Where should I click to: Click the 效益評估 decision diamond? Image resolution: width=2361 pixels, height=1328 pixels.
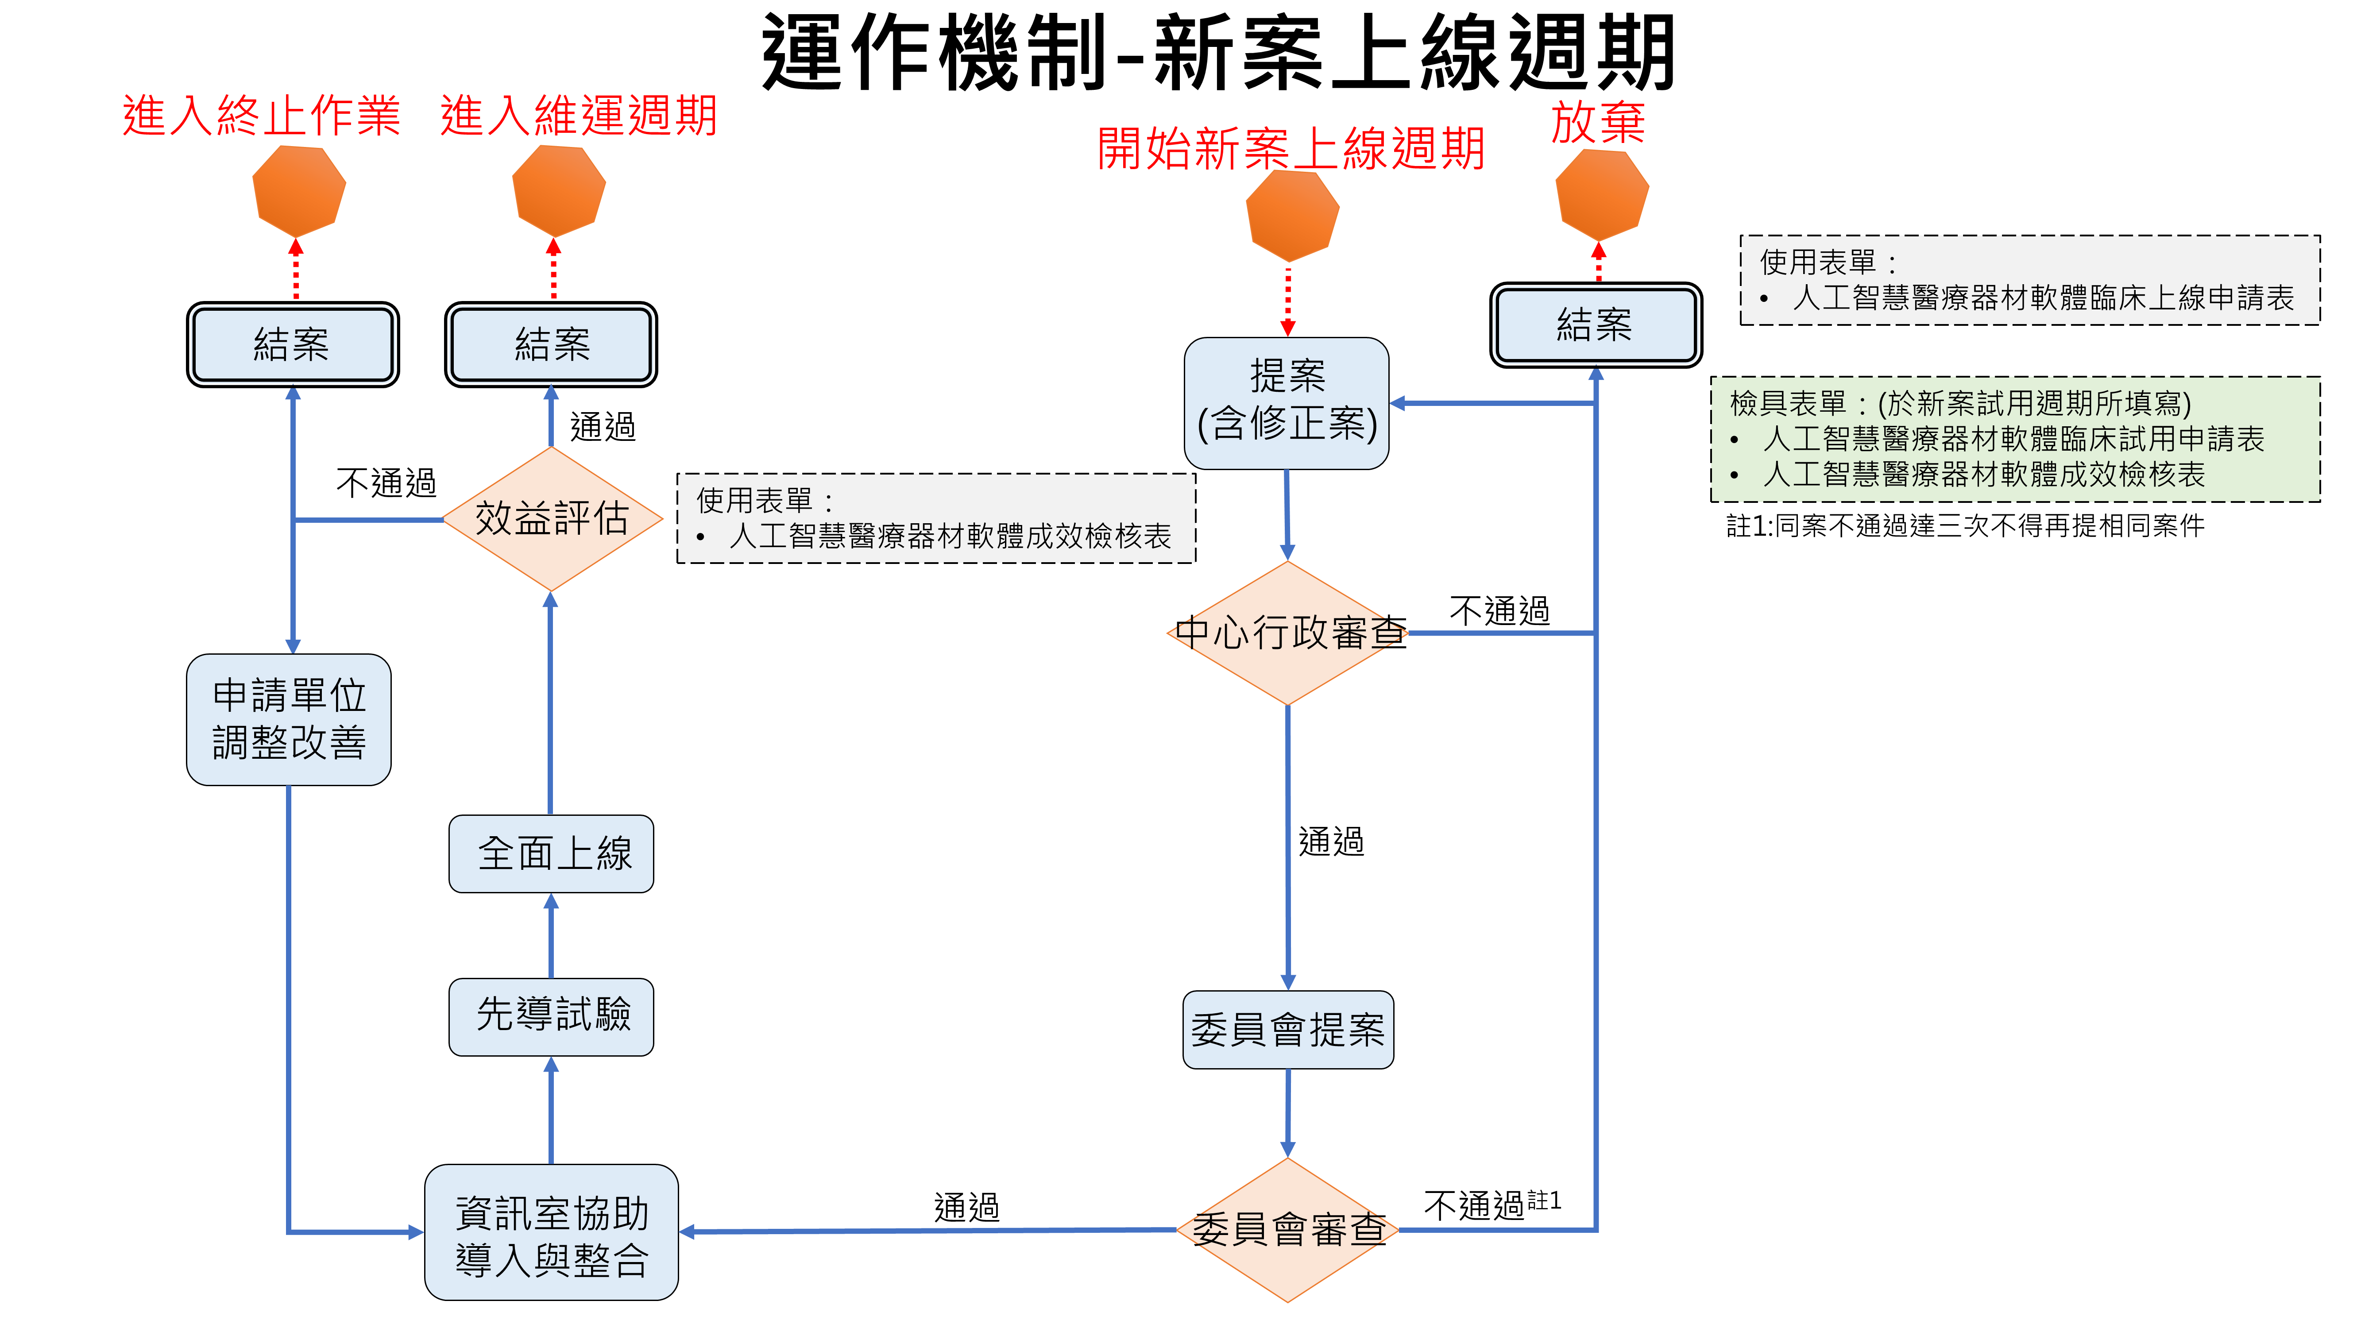552,519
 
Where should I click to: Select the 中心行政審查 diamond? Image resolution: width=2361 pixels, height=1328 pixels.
1288,633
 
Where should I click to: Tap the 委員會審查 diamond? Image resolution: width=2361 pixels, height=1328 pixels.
1288,1230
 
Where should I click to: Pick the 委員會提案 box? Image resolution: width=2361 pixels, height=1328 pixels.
1288,1029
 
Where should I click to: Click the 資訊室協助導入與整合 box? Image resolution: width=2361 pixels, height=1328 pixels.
552,1233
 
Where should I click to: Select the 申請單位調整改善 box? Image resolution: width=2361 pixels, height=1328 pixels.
289,719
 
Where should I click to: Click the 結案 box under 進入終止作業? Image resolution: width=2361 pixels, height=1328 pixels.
292,344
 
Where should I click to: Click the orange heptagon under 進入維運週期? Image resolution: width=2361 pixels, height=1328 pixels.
558,191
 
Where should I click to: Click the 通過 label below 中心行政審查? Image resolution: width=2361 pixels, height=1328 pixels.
1331,842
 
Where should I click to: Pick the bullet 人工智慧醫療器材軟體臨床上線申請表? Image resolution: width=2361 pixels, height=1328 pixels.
2042,298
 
